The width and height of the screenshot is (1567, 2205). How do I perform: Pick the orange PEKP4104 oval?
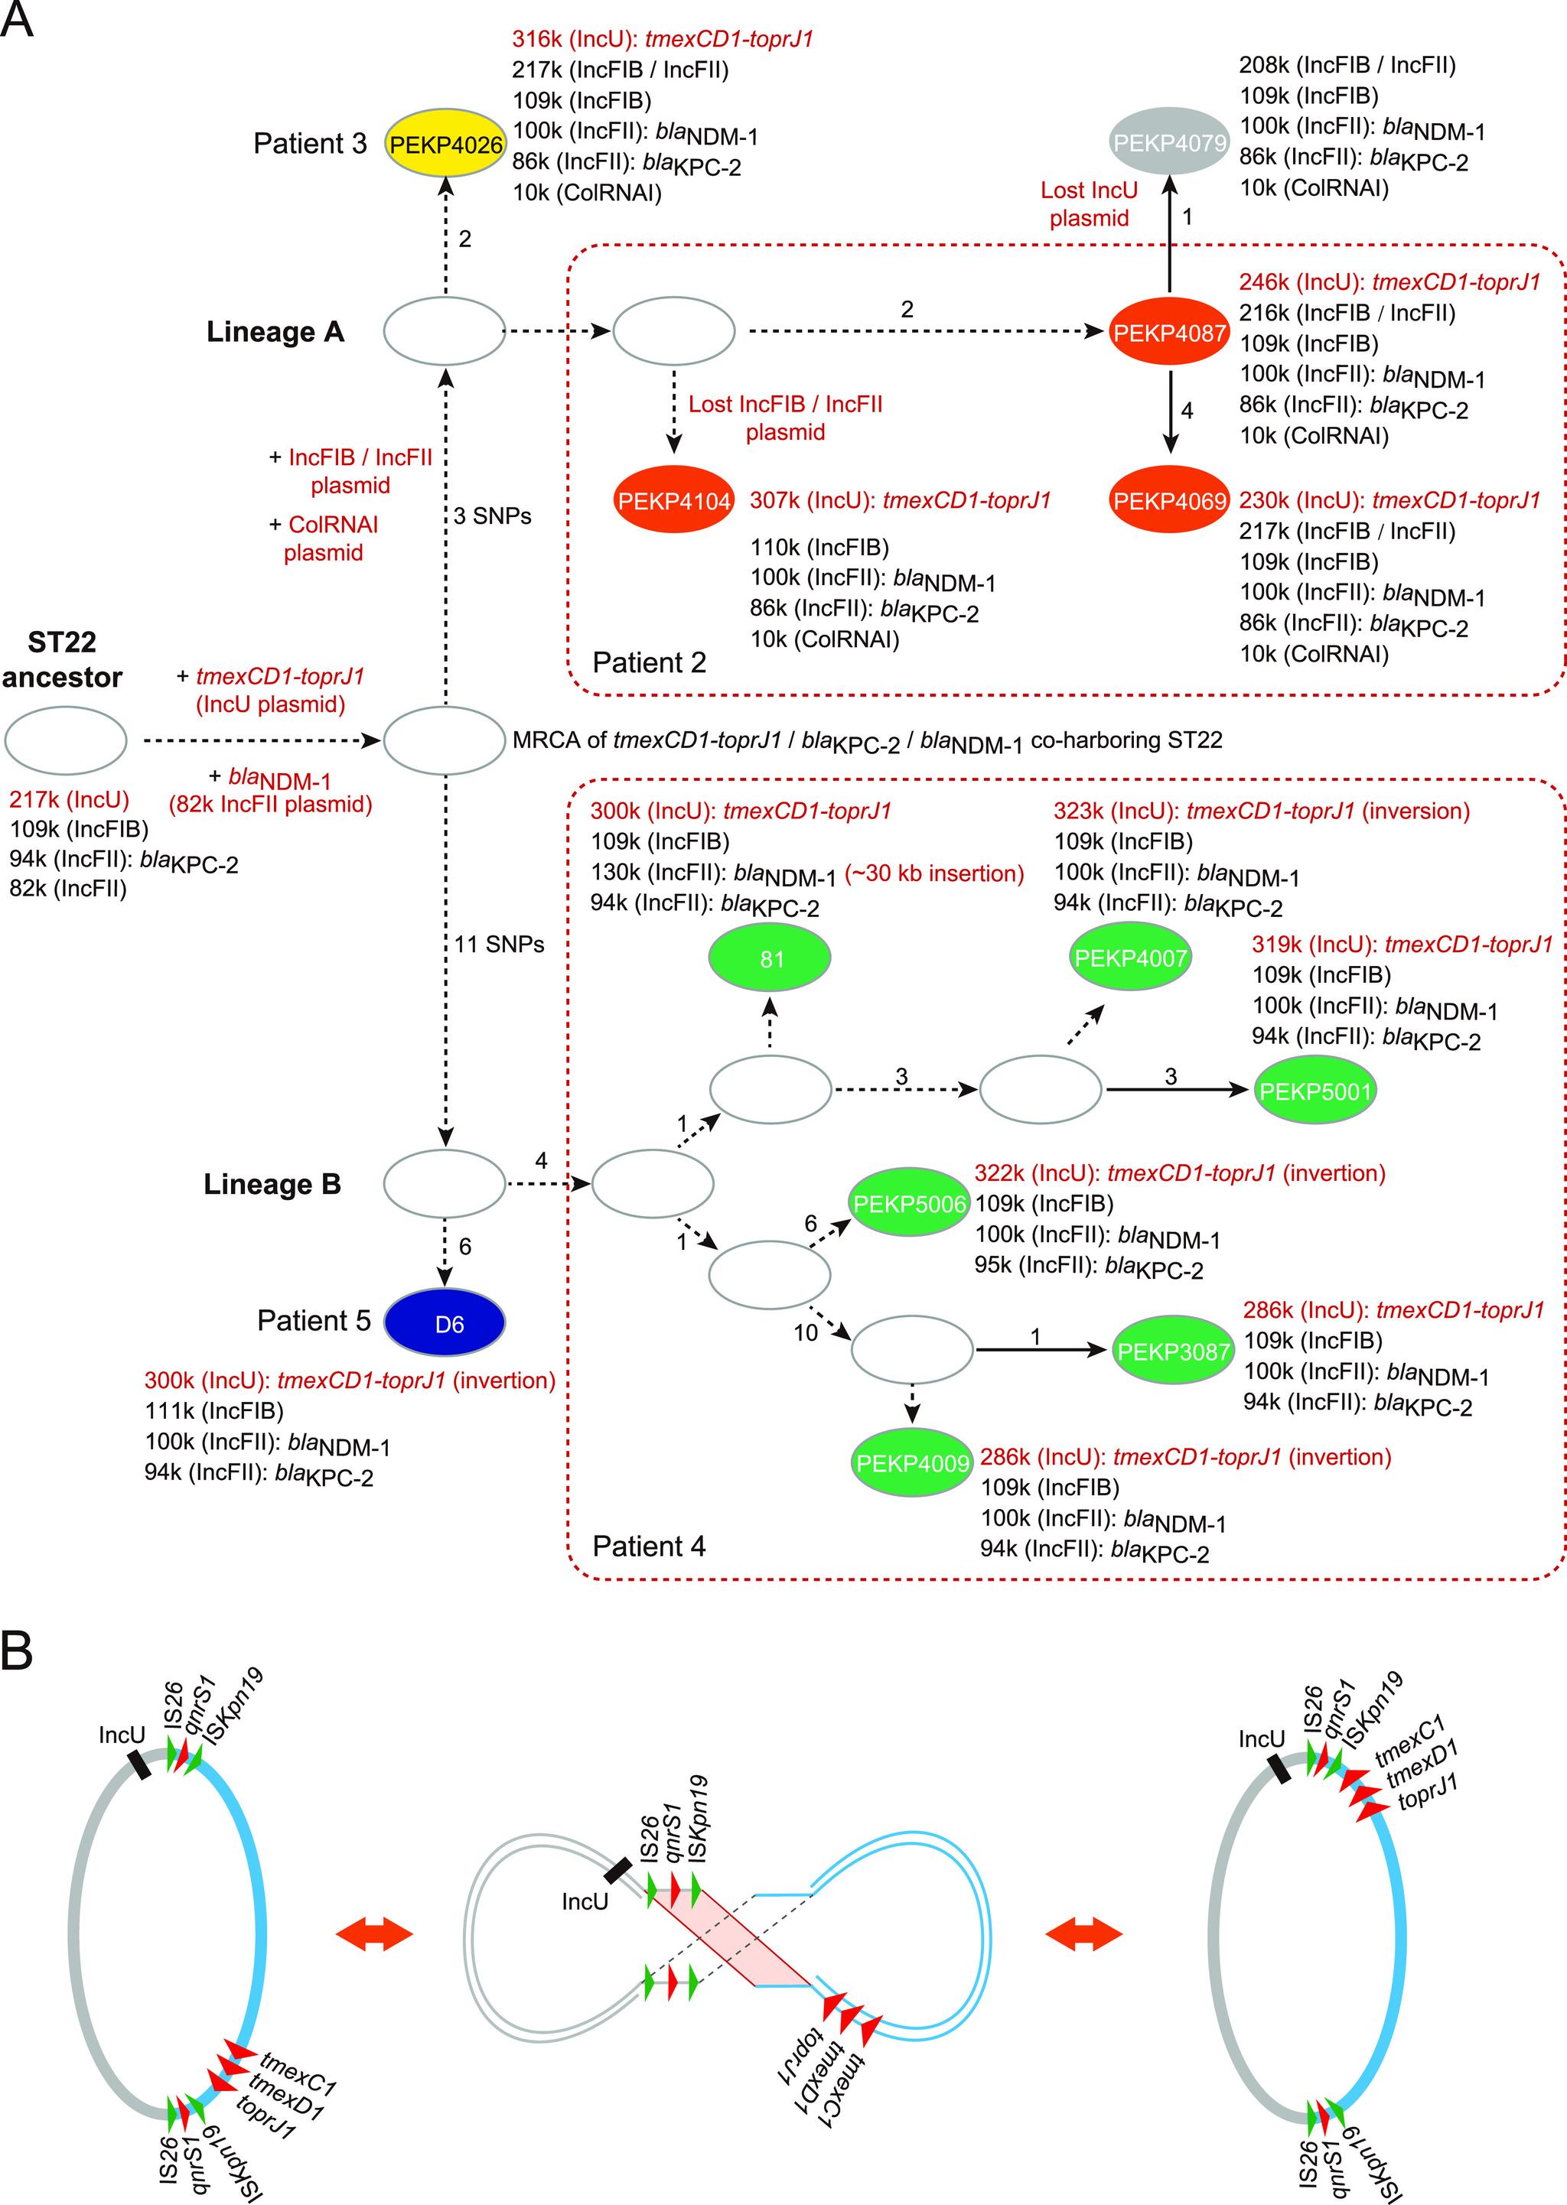click(x=673, y=501)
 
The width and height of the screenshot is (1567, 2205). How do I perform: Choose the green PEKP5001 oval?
click(x=1315, y=1091)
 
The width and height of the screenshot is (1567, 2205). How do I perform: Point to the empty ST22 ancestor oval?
click(x=66, y=740)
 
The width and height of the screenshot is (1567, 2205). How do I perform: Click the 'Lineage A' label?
click(x=275, y=332)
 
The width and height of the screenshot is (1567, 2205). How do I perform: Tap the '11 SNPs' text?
click(x=499, y=945)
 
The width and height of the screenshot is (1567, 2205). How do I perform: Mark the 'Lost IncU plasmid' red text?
click(x=1089, y=203)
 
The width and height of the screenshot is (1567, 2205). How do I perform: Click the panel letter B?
click(x=18, y=1650)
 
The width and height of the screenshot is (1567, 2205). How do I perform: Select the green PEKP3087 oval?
click(x=1172, y=1351)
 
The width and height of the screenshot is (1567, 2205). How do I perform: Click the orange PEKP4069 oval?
click(x=1168, y=501)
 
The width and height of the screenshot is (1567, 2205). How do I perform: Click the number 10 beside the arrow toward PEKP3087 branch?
click(x=805, y=1333)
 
